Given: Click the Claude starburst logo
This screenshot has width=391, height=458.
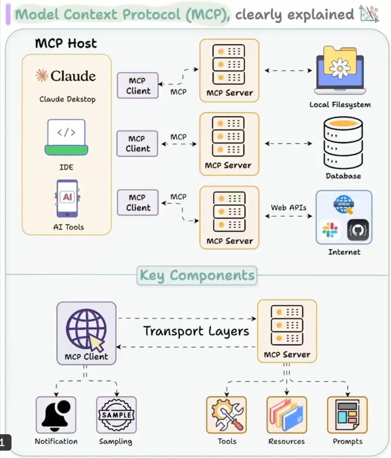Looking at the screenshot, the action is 42,75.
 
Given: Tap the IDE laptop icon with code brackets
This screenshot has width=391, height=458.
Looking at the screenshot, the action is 66,137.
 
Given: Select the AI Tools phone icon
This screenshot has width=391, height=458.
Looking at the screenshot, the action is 67,198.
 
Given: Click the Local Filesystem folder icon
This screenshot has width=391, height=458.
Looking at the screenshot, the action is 340,70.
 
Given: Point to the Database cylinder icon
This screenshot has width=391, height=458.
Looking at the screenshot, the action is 343,143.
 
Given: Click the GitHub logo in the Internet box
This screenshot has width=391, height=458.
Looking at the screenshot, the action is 358,230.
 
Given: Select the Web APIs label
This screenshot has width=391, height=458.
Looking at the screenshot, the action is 289,207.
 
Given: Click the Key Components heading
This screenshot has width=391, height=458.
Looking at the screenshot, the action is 197,275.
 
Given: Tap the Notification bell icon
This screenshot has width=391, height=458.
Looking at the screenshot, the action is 56,415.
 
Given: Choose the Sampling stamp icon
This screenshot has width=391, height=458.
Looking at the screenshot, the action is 116,415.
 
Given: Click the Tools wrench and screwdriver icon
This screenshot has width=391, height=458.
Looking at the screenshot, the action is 227,415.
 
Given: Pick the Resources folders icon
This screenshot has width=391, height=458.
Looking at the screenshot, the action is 286,415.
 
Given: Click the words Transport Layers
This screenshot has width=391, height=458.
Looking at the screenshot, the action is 196,331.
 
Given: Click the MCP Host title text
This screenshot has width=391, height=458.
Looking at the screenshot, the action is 66,43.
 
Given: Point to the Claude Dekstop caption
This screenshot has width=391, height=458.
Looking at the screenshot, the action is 68,99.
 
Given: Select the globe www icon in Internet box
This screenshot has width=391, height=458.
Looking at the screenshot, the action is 343,204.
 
